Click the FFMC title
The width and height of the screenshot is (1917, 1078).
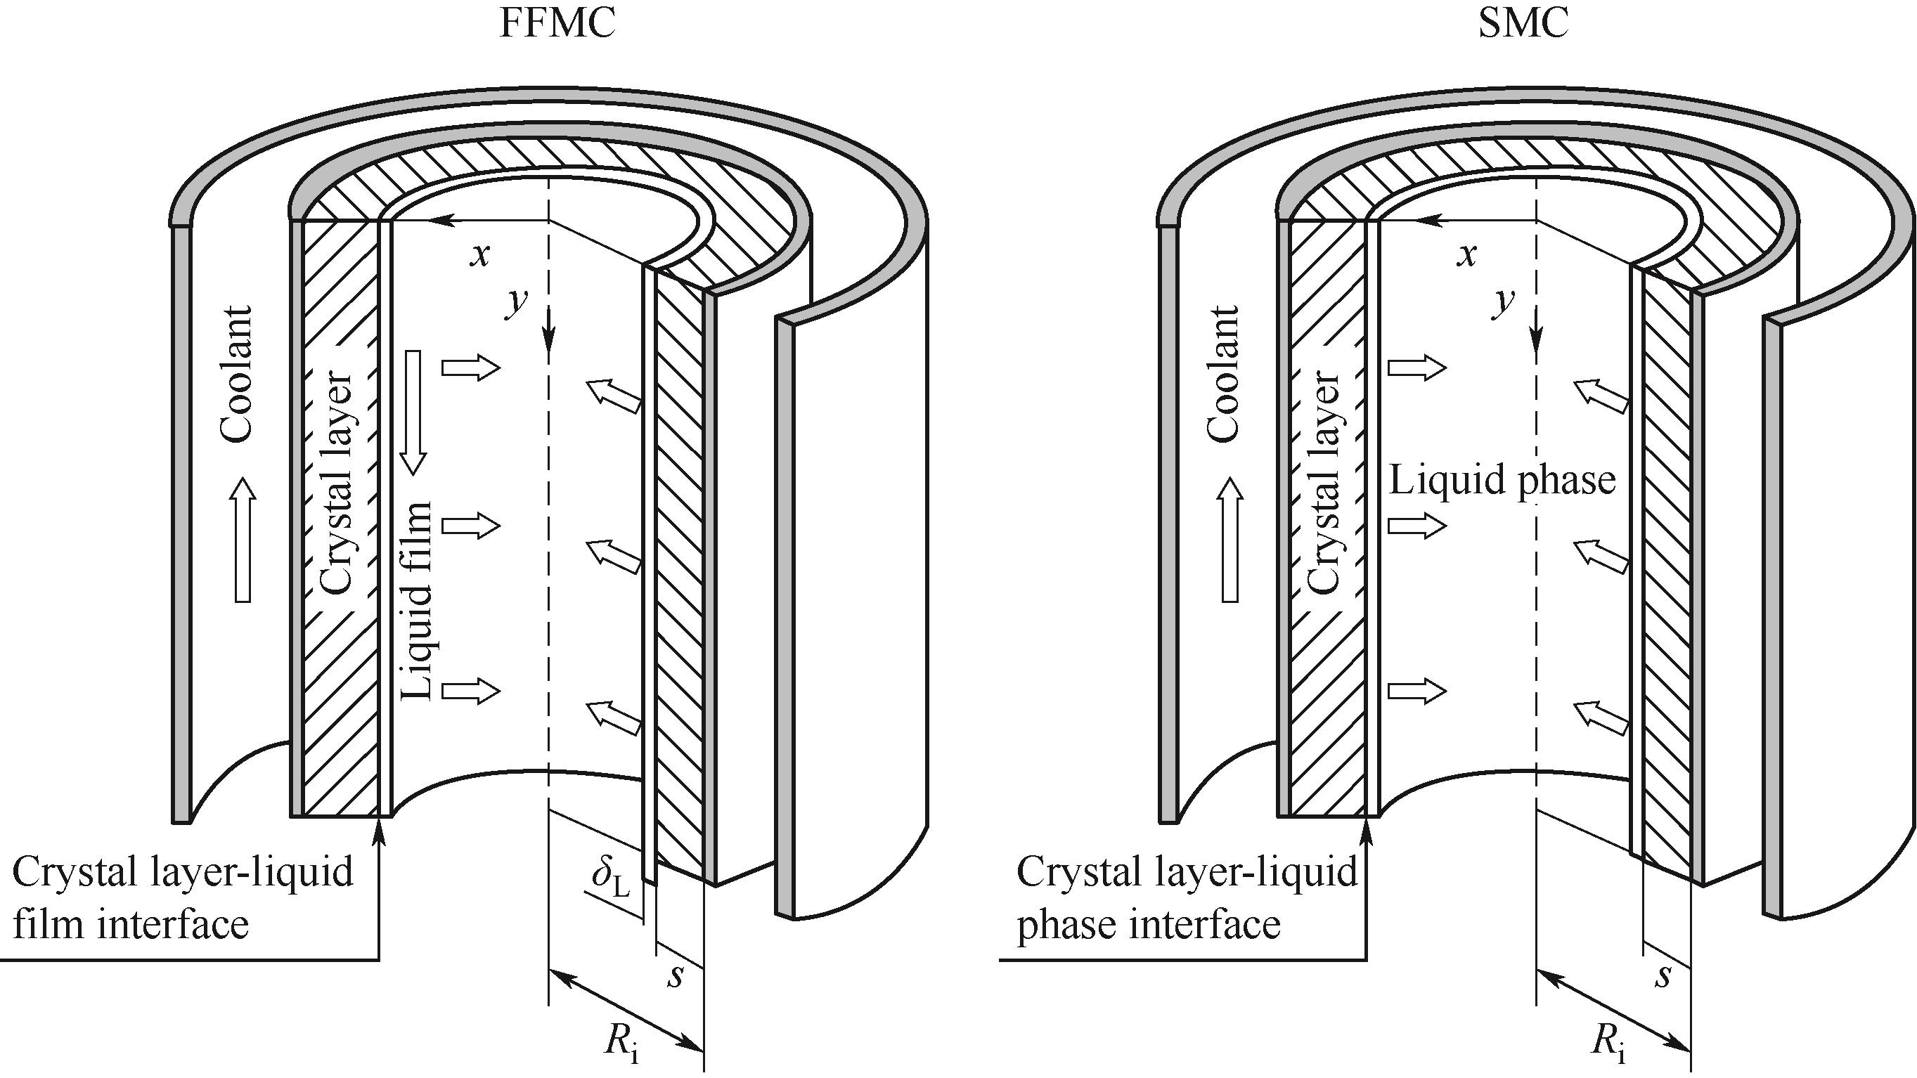point(557,24)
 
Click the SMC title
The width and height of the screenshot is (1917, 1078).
point(1523,24)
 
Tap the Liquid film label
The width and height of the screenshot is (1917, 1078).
point(417,601)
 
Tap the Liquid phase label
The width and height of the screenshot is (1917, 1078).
point(1502,481)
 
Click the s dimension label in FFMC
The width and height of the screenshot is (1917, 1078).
point(675,975)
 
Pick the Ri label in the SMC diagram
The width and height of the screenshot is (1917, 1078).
point(1608,1041)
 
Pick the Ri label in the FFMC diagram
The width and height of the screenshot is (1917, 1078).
point(621,1041)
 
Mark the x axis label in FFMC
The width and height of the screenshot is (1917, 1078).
point(481,255)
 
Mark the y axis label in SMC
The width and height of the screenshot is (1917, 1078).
point(1504,301)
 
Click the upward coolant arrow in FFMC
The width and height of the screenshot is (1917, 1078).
point(243,540)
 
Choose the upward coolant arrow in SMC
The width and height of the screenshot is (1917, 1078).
point(1229,540)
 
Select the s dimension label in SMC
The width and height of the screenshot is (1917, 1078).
point(1663,975)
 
